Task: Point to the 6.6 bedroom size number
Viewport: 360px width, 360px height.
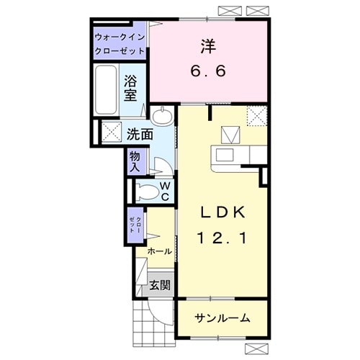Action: click(209, 72)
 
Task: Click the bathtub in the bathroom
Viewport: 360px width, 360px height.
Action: click(106, 91)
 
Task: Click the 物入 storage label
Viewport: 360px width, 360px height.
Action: click(135, 161)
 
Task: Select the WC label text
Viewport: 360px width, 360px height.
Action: click(165, 191)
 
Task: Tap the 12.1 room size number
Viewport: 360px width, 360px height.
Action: click(224, 237)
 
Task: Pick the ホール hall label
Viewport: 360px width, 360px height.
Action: click(159, 251)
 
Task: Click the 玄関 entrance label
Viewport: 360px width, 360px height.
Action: click(160, 285)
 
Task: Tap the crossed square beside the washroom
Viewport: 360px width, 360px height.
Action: click(112, 132)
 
